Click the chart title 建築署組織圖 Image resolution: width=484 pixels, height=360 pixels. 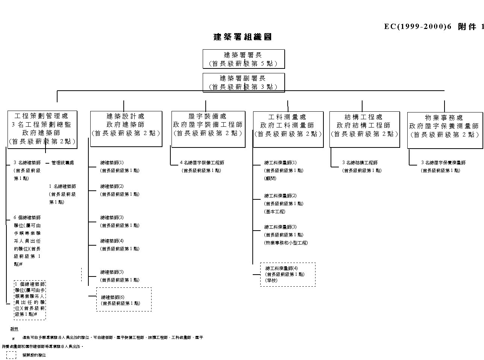[x=243, y=37]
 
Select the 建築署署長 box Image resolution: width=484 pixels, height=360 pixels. [x=243, y=59]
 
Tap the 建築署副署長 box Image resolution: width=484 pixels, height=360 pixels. [x=243, y=82]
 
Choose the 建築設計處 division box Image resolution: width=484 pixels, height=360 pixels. [x=126, y=129]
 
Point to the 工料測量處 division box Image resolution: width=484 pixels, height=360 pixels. [x=288, y=129]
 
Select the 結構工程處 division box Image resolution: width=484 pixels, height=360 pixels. [x=364, y=129]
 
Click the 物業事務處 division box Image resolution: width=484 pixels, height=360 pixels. [x=445, y=130]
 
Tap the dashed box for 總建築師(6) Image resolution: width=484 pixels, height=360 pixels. [x=124, y=299]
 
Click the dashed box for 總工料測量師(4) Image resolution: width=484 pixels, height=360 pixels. [x=288, y=274]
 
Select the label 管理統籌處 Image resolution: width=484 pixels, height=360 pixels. [x=63, y=163]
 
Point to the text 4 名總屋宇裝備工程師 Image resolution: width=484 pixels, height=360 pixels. [x=202, y=163]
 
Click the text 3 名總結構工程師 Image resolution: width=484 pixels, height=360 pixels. [x=360, y=163]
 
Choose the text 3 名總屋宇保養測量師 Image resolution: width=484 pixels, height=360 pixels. [x=443, y=163]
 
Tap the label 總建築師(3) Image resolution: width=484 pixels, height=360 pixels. [x=112, y=218]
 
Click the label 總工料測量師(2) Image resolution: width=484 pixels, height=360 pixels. [x=281, y=196]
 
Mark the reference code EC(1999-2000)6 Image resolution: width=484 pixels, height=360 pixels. [x=417, y=26]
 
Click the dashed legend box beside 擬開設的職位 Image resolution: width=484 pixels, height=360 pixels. [x=11, y=355]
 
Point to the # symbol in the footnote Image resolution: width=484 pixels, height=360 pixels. [x=13, y=339]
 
